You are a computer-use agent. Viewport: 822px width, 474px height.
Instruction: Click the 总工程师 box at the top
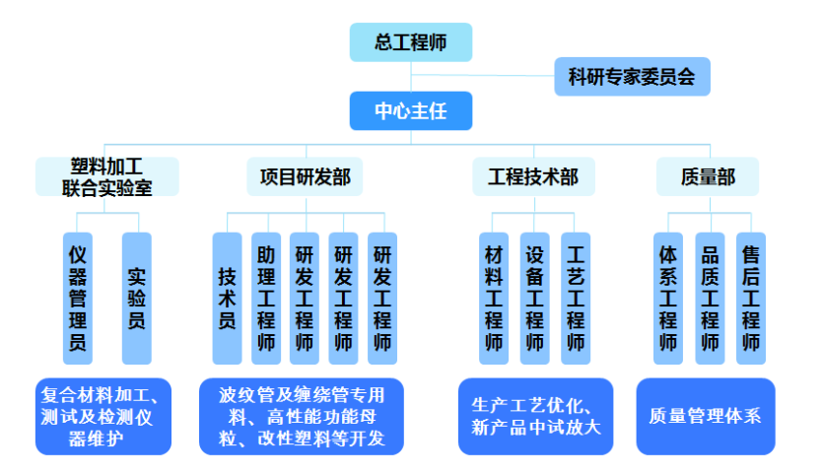[411, 42]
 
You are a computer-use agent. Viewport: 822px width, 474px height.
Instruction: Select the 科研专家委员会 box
[632, 75]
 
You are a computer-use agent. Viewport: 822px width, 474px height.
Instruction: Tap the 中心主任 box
[411, 110]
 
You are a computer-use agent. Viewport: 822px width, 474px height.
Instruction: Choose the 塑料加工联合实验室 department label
[107, 176]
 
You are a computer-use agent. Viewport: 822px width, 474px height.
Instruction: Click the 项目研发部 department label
[305, 177]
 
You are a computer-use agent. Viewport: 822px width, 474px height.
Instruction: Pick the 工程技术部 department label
[532, 177]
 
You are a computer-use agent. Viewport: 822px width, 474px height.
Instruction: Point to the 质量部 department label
[708, 177]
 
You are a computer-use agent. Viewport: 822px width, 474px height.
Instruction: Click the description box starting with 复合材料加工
[103, 416]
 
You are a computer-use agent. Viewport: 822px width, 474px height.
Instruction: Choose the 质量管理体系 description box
[705, 416]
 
